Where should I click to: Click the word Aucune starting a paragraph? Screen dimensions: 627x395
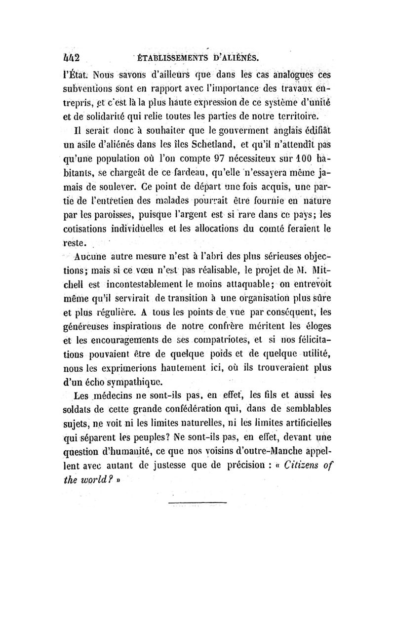pyautogui.click(x=92, y=257)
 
